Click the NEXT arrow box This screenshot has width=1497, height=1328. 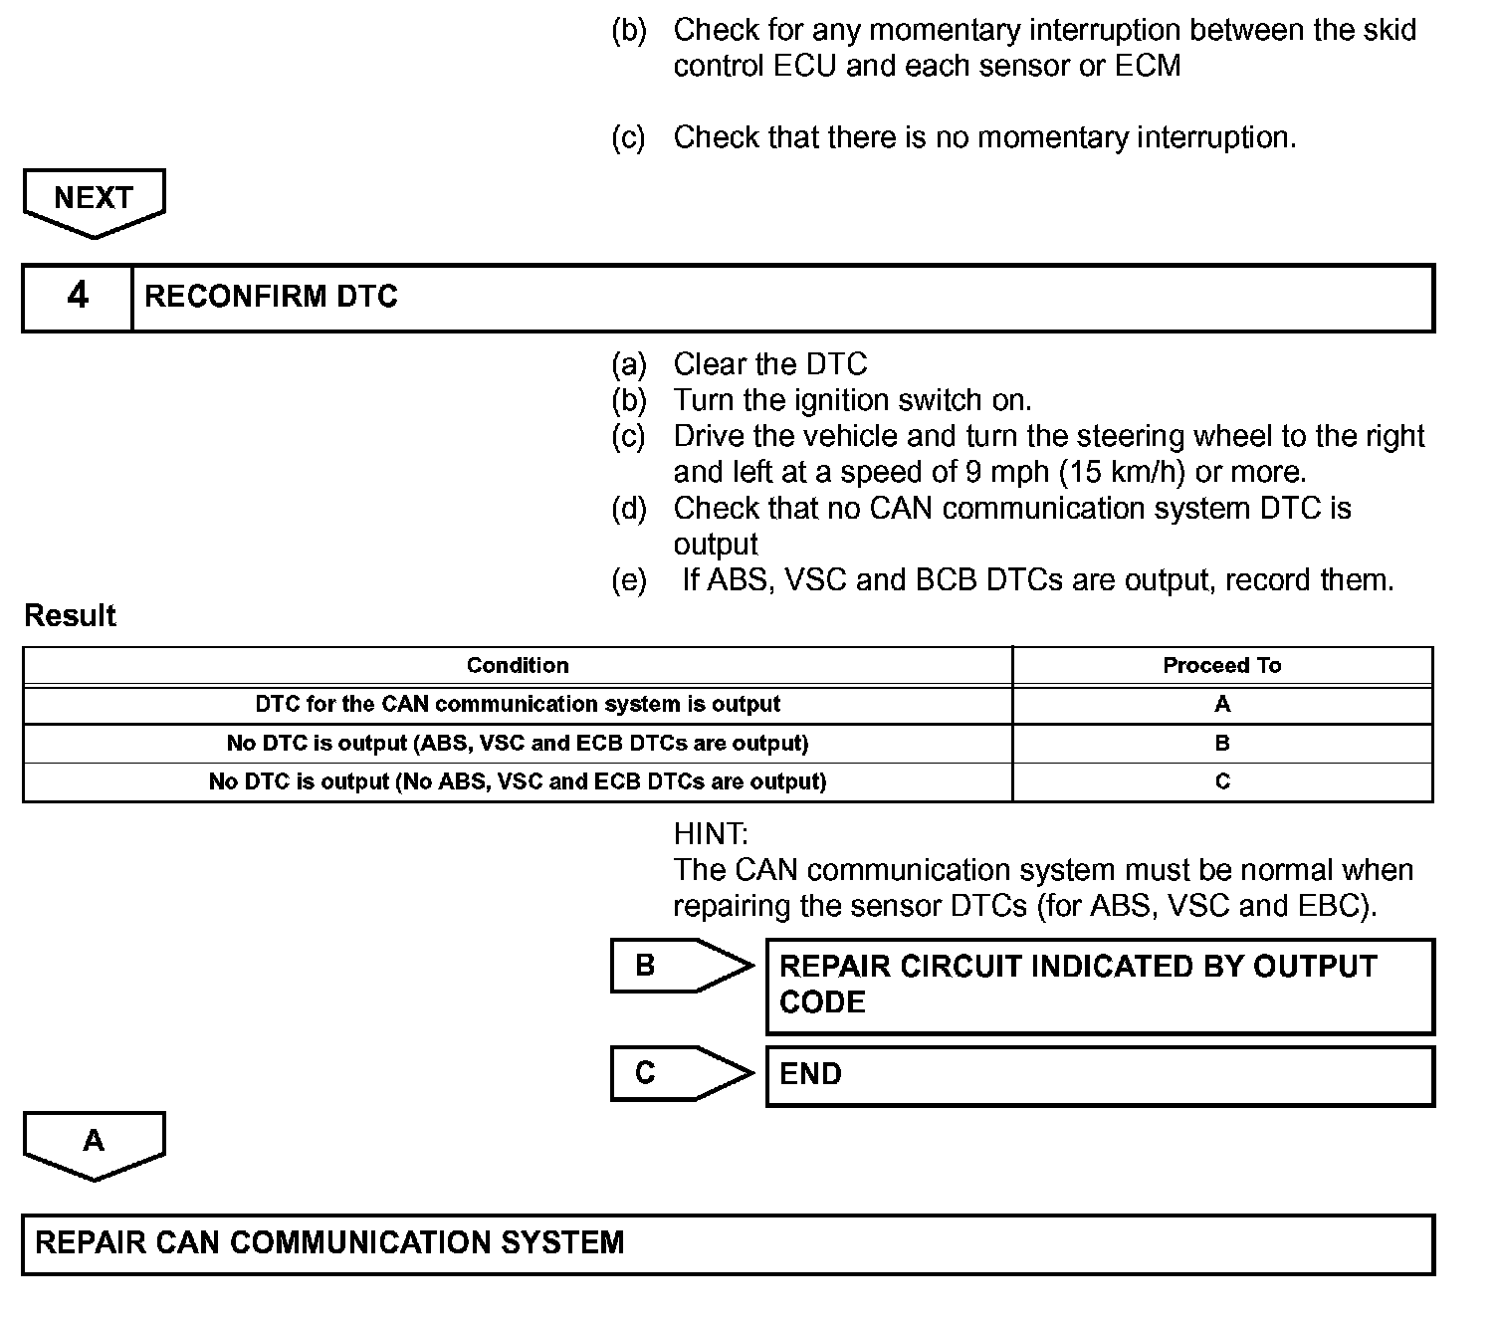(94, 200)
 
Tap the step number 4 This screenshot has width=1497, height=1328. (78, 296)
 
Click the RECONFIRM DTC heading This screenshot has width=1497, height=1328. (271, 297)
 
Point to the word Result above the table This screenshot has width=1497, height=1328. (70, 616)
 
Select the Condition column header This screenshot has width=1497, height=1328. (518, 665)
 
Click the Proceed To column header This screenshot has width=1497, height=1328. (1222, 665)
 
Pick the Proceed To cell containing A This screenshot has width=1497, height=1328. (1222, 704)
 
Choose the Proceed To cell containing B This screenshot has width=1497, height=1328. (1222, 743)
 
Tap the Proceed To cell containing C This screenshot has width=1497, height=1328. (1222, 781)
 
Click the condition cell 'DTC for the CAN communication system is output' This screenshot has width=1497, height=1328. (518, 704)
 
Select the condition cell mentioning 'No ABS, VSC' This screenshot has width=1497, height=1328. (518, 781)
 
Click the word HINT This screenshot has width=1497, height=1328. (710, 833)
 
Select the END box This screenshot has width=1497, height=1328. (1100, 1075)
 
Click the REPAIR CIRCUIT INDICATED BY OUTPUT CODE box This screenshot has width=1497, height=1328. (1100, 986)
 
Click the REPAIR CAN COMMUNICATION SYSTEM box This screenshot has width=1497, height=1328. (728, 1243)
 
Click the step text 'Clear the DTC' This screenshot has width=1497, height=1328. (769, 364)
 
